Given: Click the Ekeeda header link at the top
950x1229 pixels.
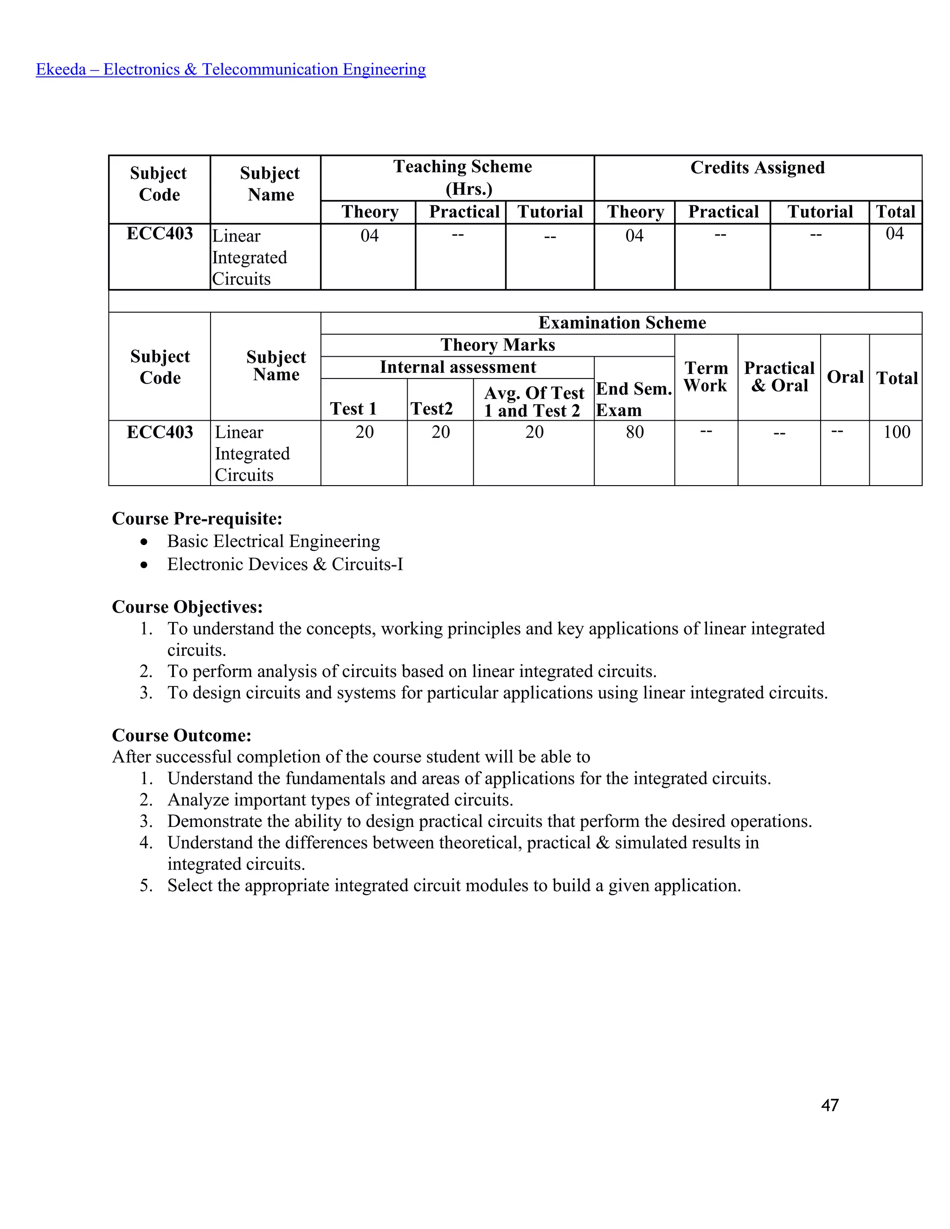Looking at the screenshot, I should [231, 69].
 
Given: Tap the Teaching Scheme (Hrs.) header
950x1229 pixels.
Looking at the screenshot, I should [462, 177].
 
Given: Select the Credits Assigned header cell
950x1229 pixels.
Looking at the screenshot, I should [757, 168].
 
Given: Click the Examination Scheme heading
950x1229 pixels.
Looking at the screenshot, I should [622, 322].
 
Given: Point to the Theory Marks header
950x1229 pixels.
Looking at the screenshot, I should [498, 345].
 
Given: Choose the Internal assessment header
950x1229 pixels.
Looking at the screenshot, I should [457, 367].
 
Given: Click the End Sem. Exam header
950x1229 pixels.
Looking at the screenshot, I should [634, 399].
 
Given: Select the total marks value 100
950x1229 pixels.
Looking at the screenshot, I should [896, 432].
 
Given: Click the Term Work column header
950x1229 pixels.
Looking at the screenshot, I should [706, 377].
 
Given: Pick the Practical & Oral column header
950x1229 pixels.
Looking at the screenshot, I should [779, 377].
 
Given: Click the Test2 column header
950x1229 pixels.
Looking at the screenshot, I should [432, 408].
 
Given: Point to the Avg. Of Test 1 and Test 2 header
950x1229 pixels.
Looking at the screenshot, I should [533, 401].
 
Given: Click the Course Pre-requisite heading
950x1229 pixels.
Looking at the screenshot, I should [197, 518].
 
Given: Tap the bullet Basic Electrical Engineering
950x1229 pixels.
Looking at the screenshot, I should [274, 541].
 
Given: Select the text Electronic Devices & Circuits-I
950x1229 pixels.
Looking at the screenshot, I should [285, 564].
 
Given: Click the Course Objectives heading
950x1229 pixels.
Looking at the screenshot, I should [187, 607].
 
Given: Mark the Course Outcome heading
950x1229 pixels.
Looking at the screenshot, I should [182, 736].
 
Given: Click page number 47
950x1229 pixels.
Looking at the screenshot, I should [829, 1105].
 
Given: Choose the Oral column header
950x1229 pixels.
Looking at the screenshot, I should [845, 377].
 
